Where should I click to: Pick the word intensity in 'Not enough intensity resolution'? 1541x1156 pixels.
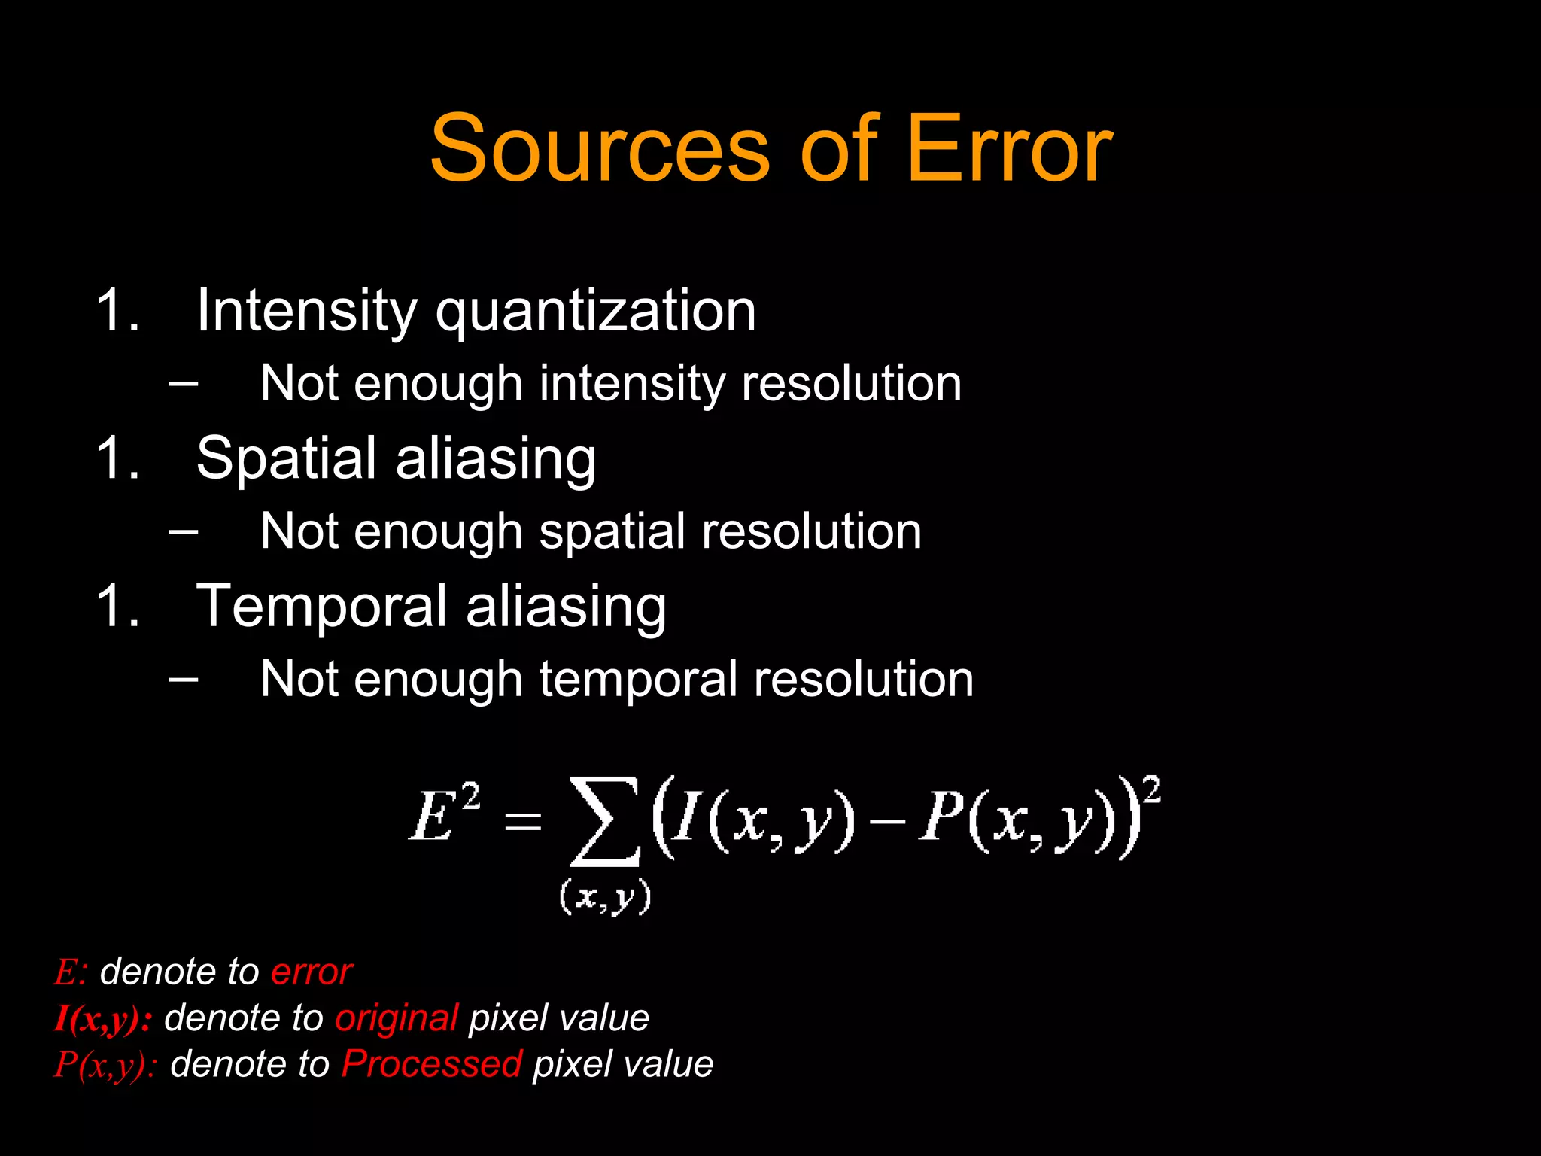632,384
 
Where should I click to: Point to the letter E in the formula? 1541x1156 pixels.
431,818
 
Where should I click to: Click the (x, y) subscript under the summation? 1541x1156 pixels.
605,897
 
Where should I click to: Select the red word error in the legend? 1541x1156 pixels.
311,972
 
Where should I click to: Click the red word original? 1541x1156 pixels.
397,1018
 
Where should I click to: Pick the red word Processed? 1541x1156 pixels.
432,1064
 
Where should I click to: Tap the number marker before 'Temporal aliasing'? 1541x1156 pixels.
118,606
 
